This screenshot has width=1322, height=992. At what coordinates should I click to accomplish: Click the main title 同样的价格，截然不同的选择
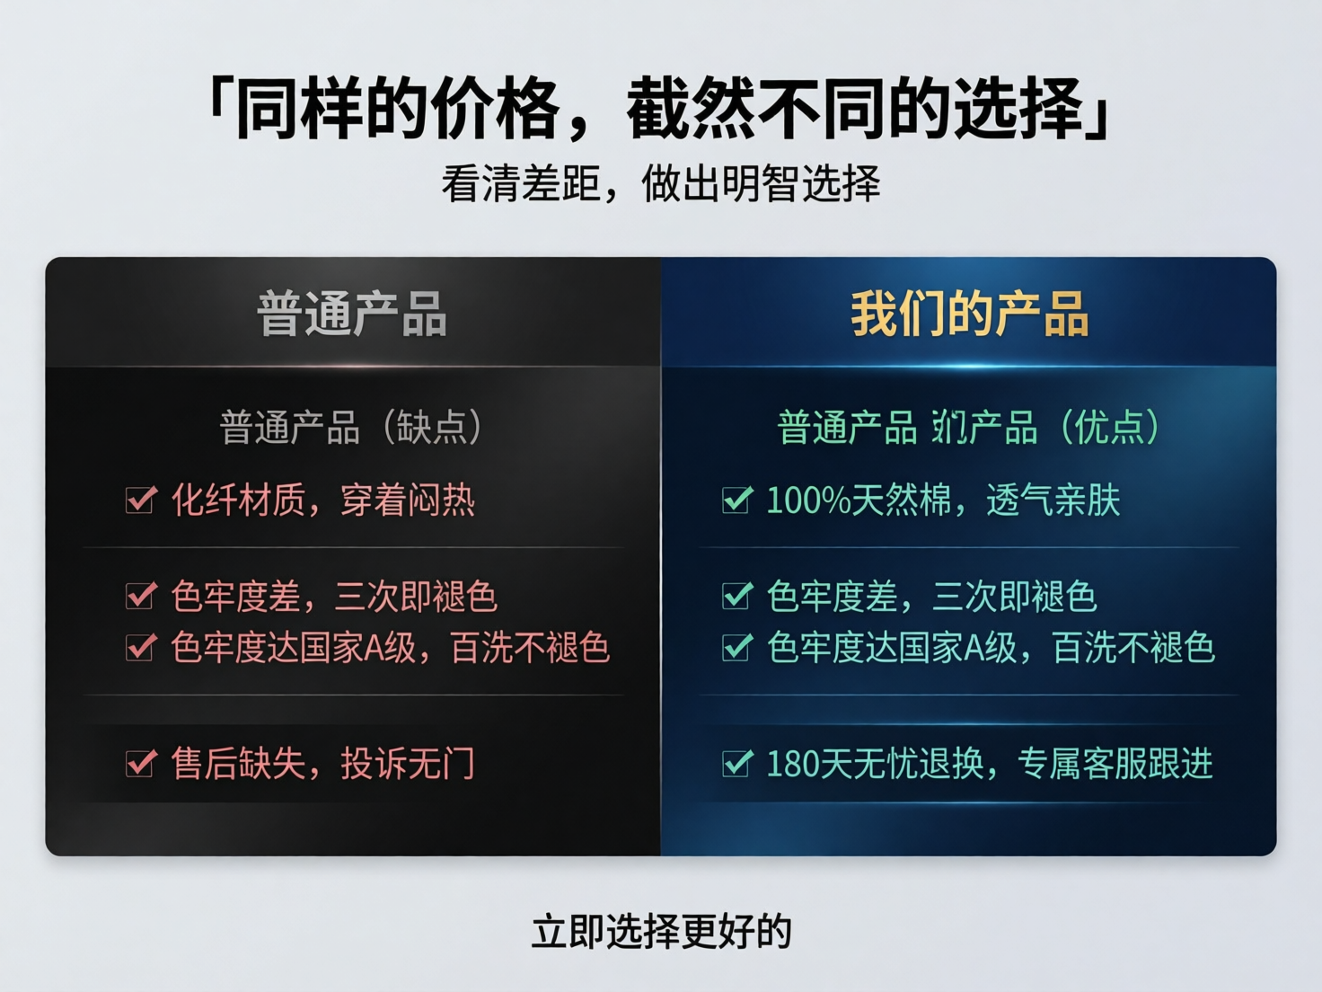(660, 108)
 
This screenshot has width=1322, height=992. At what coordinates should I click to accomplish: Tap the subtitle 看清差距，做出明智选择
(660, 184)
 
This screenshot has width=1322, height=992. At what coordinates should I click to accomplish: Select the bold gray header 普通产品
(352, 314)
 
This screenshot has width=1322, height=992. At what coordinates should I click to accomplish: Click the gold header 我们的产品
(969, 314)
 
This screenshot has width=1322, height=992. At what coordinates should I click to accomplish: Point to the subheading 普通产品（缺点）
(352, 427)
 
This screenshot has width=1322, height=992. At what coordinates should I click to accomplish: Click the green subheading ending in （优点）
(969, 427)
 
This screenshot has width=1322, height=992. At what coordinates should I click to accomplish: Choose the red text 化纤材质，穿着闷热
(323, 500)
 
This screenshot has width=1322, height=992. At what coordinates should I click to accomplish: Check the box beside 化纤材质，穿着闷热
(141, 500)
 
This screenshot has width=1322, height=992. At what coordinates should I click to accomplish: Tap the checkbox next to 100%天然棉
(736, 500)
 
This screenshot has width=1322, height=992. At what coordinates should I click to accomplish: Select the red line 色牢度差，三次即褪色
(334, 597)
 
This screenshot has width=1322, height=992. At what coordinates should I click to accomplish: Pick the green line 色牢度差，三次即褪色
(931, 597)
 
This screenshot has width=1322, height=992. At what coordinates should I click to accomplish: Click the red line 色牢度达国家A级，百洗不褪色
(391, 648)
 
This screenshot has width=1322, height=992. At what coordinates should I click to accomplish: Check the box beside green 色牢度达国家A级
(736, 647)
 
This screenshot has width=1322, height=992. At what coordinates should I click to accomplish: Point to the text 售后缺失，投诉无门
(323, 764)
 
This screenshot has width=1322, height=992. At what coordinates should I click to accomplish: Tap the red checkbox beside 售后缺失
(141, 764)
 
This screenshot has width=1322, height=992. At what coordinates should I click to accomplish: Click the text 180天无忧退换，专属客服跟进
(990, 764)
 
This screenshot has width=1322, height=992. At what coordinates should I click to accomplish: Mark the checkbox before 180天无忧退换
(736, 764)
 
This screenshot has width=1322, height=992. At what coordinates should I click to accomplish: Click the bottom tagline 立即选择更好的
(661, 932)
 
